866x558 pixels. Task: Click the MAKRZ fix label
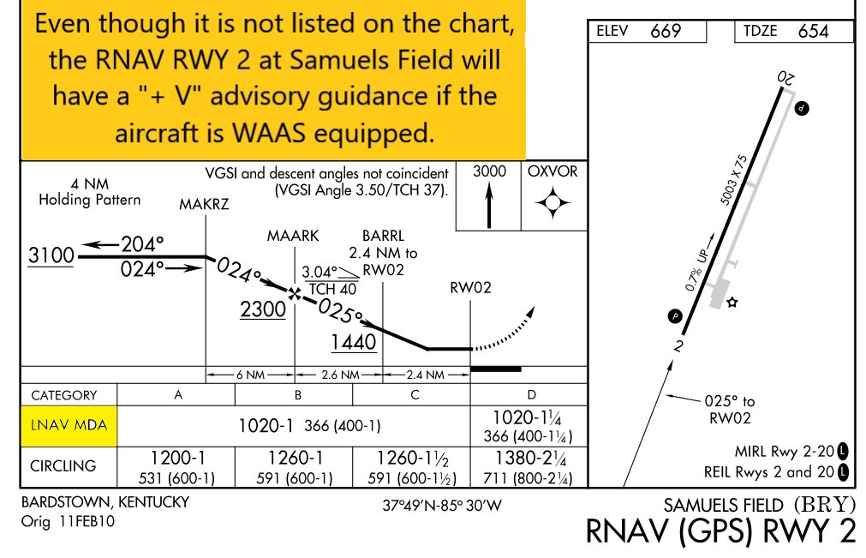(204, 204)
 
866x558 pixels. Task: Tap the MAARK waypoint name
(293, 236)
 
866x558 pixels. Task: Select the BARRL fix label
(383, 236)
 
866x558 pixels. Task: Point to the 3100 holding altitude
(51, 255)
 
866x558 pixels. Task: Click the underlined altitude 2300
(263, 309)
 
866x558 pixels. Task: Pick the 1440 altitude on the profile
(354, 342)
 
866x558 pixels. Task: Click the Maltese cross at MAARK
(295, 294)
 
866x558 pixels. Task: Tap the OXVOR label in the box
(552, 171)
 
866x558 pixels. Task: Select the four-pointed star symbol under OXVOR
(552, 203)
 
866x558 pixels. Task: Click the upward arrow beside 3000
(489, 206)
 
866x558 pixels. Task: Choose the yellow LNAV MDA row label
(69, 425)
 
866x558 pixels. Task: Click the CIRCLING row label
(64, 466)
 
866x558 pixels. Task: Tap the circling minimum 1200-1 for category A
(177, 467)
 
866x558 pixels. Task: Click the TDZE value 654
(813, 32)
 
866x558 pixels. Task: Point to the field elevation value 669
(666, 32)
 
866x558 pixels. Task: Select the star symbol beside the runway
(732, 303)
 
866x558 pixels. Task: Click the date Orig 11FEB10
(68, 521)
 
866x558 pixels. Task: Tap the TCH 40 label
(332, 289)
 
